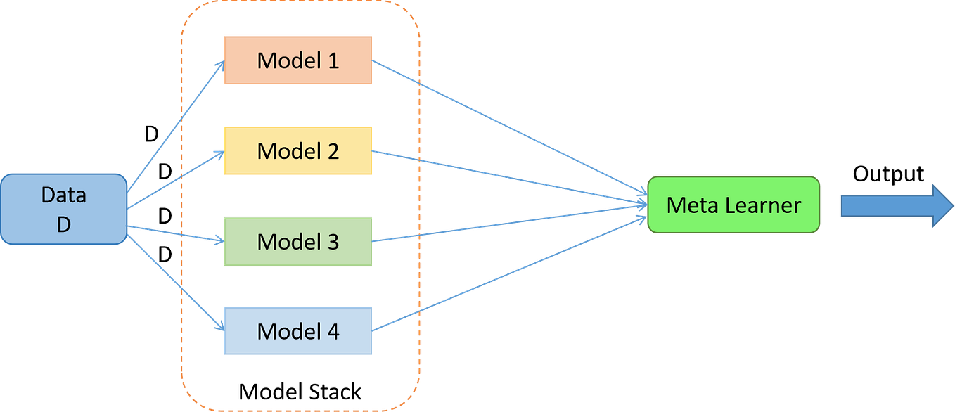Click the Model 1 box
point(297,60)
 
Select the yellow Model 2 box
point(297,150)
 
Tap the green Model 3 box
point(297,241)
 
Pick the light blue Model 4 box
point(297,330)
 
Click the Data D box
point(64,209)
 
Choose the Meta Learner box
point(733,205)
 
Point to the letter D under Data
point(64,225)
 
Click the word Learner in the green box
point(762,205)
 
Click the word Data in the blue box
point(64,194)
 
